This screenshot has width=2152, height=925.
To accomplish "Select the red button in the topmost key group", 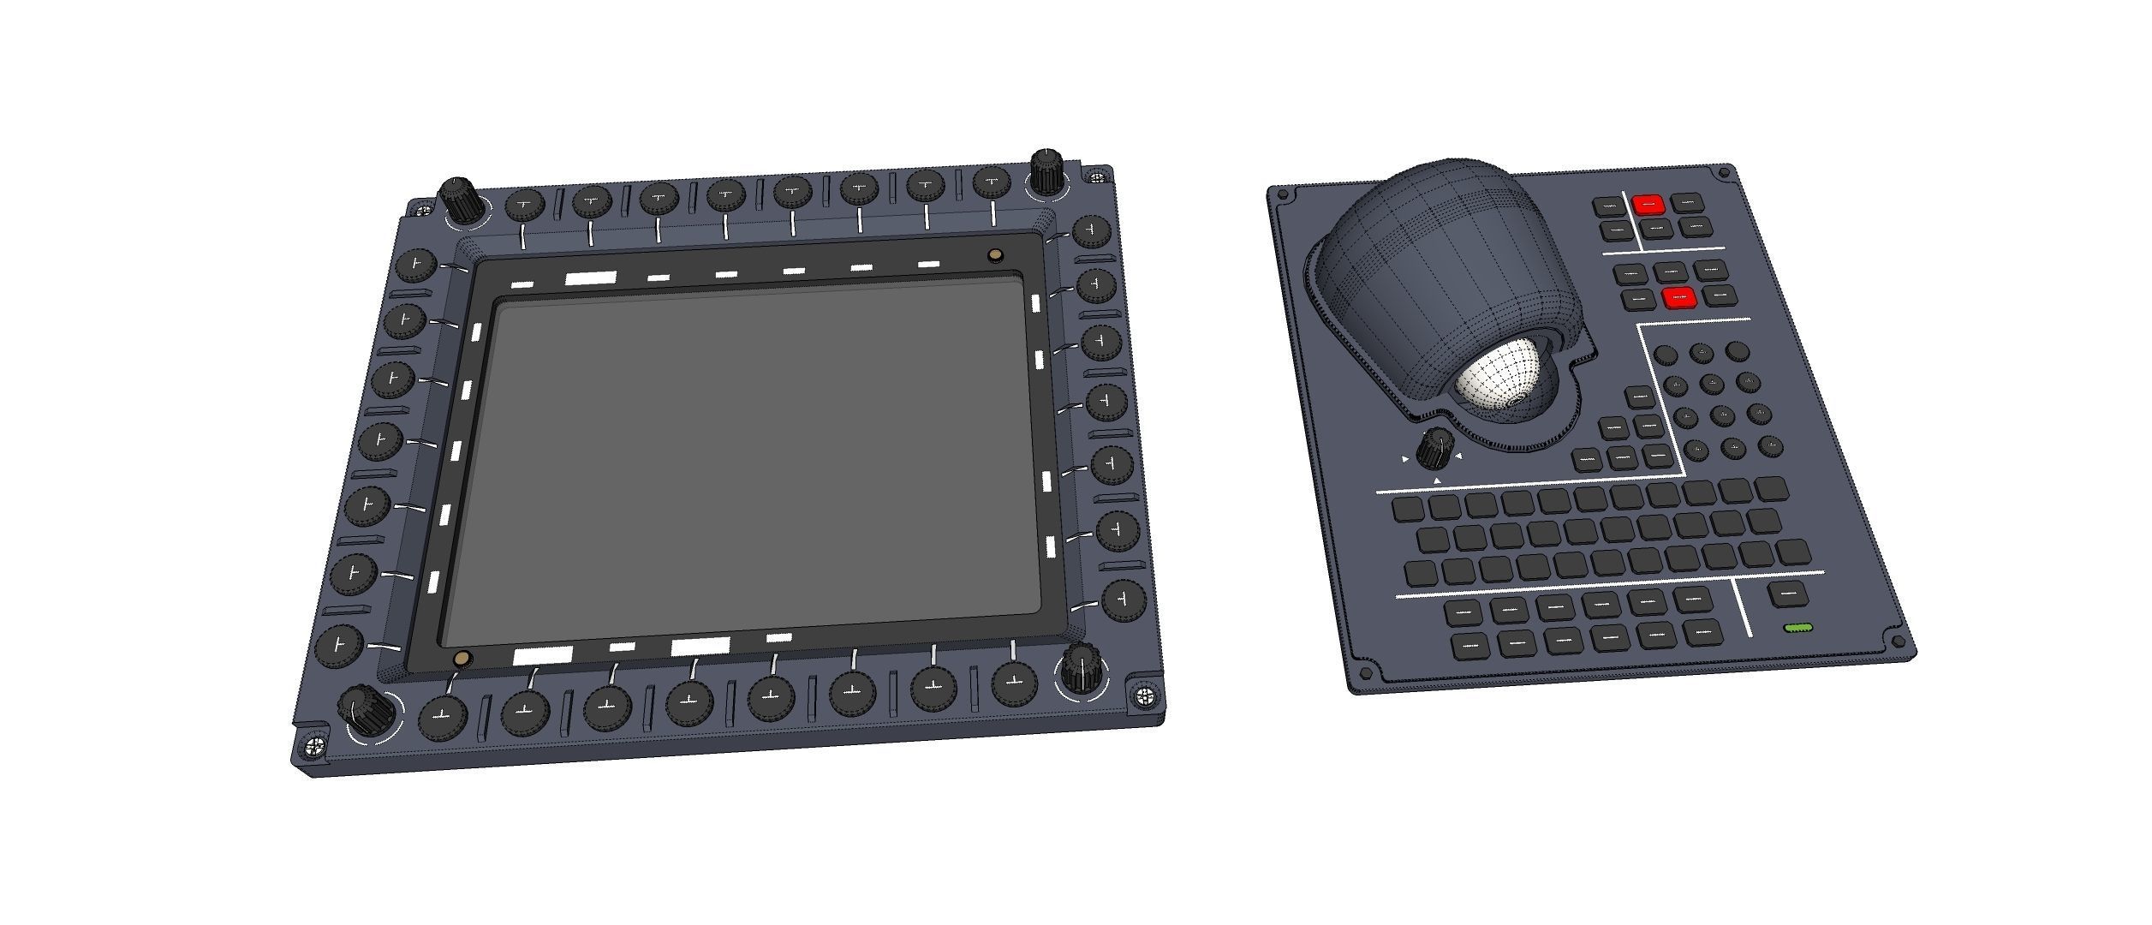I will (x=1648, y=205).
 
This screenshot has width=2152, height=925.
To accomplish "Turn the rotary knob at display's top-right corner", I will (x=1046, y=171).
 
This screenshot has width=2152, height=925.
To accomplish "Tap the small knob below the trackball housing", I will (x=1431, y=449).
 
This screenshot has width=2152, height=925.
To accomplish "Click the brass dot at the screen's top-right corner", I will (x=995, y=255).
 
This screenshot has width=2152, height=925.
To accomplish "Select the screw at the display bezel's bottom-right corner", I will (x=1144, y=695).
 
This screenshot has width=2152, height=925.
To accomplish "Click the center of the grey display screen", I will (x=741, y=467).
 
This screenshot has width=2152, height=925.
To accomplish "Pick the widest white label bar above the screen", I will (x=590, y=277).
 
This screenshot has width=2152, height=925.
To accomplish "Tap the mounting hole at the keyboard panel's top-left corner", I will (x=1282, y=195).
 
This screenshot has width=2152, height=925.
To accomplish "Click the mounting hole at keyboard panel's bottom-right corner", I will (x=1897, y=642).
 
